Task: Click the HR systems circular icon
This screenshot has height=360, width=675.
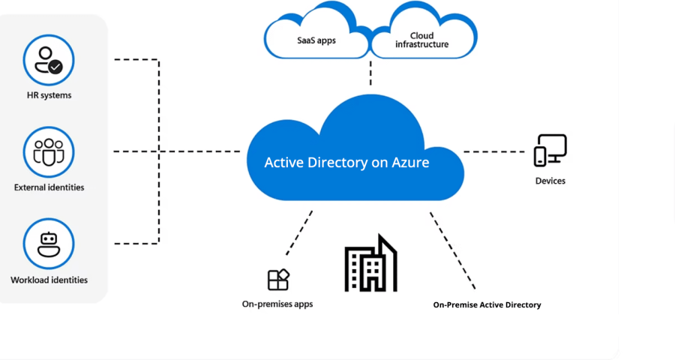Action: click(49, 60)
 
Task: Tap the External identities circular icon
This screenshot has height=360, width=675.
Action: click(49, 152)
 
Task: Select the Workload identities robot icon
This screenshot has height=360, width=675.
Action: click(49, 244)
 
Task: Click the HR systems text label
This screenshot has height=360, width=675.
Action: click(49, 95)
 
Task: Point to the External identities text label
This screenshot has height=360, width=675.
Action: click(49, 187)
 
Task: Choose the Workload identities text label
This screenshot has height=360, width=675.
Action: click(49, 280)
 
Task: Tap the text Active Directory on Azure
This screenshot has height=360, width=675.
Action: click(346, 162)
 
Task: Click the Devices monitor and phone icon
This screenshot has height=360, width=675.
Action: click(550, 151)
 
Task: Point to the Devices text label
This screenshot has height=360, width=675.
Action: click(550, 181)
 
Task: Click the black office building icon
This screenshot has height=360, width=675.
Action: click(370, 264)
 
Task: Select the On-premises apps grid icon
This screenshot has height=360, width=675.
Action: click(278, 280)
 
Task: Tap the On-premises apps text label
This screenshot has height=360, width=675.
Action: click(277, 304)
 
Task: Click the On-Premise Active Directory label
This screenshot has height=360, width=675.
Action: click(487, 304)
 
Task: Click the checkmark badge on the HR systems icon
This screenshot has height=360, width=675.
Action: click(55, 67)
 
